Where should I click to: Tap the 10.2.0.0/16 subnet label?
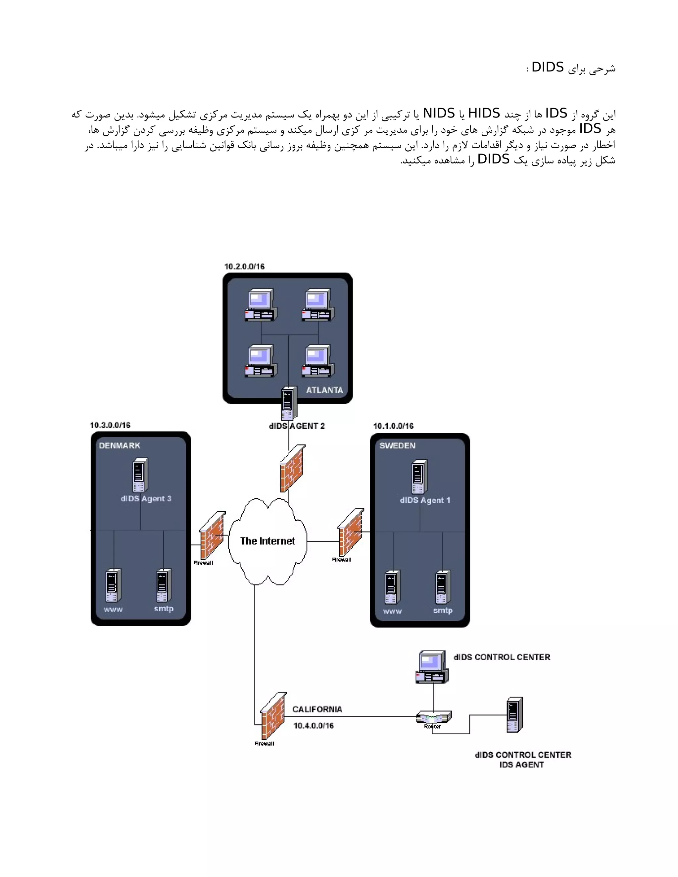click(244, 267)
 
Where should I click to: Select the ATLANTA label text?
click(324, 390)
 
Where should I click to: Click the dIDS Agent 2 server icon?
click(289, 403)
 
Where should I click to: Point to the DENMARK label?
click(119, 446)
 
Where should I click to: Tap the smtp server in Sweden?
click(443, 587)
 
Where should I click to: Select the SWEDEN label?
click(397, 446)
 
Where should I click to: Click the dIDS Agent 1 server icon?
click(419, 477)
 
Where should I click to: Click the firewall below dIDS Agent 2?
click(292, 468)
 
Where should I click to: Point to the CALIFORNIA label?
click(317, 710)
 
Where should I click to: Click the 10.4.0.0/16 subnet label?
click(313, 726)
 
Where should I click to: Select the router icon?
click(433, 717)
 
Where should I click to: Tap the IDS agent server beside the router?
click(514, 715)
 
